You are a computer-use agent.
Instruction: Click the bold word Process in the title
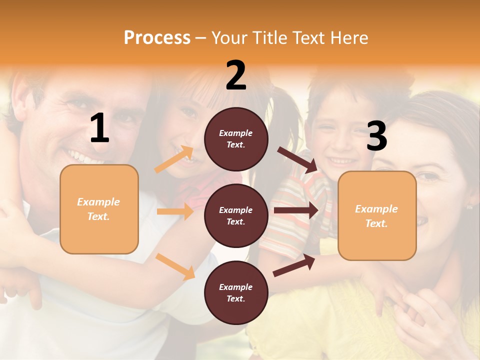[157, 38]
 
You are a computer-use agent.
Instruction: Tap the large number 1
[99, 128]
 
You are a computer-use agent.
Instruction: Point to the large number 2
[236, 75]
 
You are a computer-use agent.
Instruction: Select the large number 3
[376, 136]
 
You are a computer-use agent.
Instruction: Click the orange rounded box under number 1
[99, 209]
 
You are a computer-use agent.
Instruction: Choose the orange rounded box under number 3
[377, 215]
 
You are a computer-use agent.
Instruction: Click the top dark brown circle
[236, 139]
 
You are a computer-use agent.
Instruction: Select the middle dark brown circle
[236, 215]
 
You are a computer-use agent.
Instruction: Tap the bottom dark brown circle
[236, 292]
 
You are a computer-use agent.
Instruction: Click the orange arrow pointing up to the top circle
[174, 159]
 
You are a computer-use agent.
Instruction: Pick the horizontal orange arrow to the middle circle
[175, 211]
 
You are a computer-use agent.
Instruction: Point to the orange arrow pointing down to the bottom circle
[175, 266]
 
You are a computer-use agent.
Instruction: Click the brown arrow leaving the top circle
[298, 160]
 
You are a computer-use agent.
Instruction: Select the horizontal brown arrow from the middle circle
[295, 210]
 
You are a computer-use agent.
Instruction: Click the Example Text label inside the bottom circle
[236, 292]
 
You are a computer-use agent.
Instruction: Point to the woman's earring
[469, 206]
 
